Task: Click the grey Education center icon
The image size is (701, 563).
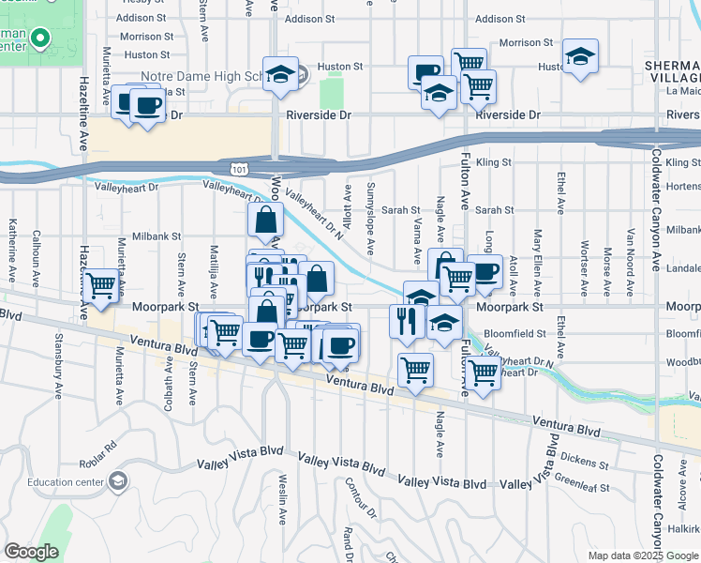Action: point(118,482)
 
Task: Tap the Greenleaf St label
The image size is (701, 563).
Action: point(581,488)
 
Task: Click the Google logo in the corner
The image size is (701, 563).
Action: point(31,551)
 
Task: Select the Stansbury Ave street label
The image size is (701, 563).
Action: point(58,358)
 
